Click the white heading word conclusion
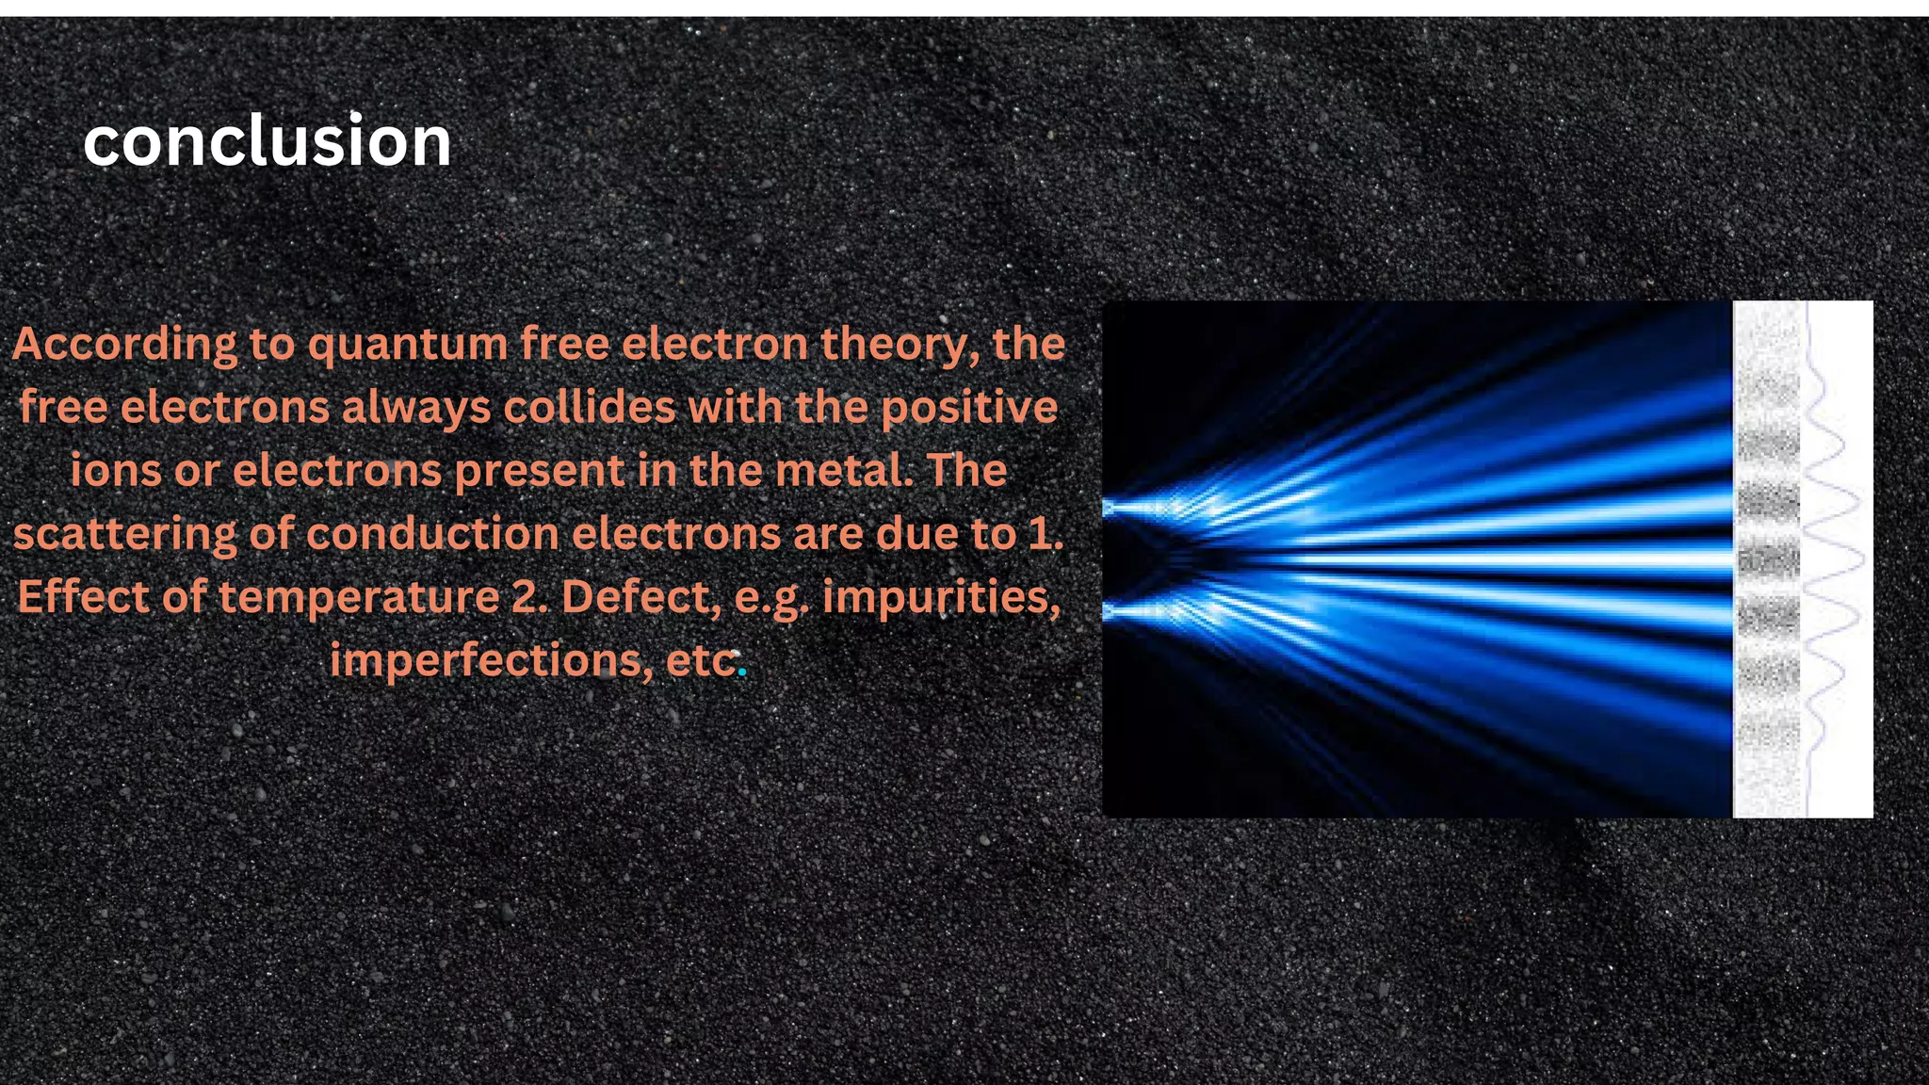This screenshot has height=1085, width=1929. tap(267, 141)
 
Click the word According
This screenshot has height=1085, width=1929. tap(124, 345)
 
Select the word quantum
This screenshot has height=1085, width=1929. tap(408, 345)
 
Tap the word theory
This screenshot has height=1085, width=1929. tap(893, 345)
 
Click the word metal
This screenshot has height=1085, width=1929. tap(849, 471)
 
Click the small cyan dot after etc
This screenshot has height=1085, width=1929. tap(742, 672)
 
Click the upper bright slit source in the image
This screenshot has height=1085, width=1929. tap(1111, 509)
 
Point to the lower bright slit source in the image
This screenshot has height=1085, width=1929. tap(1111, 612)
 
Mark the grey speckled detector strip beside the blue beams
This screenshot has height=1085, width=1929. tap(1768, 559)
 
